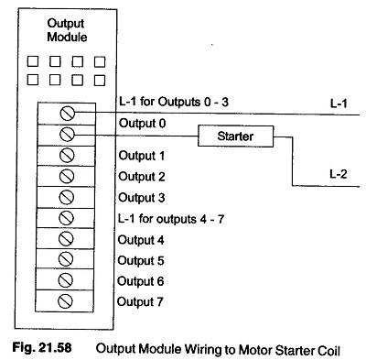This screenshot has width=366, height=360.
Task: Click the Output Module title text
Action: [x=67, y=30]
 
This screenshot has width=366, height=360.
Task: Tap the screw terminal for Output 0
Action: [x=67, y=135]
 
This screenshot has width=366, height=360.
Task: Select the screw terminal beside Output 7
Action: [x=65, y=301]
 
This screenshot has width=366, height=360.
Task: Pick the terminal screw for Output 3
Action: [x=67, y=197]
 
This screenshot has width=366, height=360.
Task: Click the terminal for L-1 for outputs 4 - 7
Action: [x=66, y=218]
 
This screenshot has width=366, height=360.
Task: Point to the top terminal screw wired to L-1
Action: [x=68, y=114]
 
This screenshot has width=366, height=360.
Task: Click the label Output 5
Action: [x=141, y=261]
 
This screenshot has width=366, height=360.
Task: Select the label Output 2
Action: [x=142, y=177]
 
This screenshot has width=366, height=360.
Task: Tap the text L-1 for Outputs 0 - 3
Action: [x=174, y=102]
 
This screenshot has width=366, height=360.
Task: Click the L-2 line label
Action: [x=339, y=174]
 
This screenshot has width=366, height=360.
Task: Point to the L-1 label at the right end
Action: [x=339, y=104]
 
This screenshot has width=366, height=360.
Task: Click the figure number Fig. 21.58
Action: [x=42, y=347]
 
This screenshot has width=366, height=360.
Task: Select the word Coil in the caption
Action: [x=329, y=351]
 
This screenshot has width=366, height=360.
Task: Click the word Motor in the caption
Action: [x=255, y=350]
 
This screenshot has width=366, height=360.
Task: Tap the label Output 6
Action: [x=140, y=281]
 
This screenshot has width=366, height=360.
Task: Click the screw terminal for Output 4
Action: [x=66, y=238]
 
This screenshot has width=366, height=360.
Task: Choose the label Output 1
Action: [x=142, y=156]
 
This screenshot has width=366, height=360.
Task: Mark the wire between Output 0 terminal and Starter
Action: [x=136, y=136]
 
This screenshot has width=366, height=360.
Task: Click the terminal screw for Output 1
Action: [x=67, y=156]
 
